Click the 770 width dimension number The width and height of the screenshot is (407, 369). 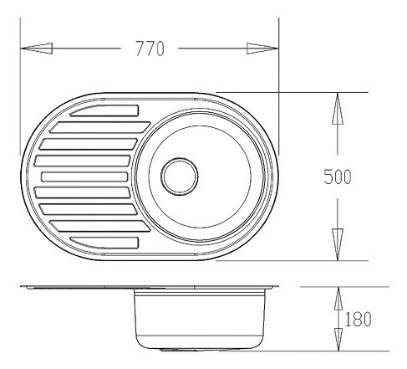click(150, 49)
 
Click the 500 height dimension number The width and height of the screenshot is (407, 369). click(338, 177)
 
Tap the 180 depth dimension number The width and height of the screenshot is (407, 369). click(358, 320)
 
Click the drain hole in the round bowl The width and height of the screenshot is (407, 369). click(180, 177)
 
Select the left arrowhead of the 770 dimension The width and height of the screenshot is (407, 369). click(37, 49)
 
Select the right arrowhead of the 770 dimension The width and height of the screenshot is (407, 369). click(262, 49)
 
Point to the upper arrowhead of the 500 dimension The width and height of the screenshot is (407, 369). click(338, 108)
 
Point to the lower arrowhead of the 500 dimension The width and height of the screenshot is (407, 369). click(338, 244)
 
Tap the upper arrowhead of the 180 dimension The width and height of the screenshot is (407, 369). click(338, 299)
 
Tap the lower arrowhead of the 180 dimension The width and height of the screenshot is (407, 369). click(338, 339)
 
